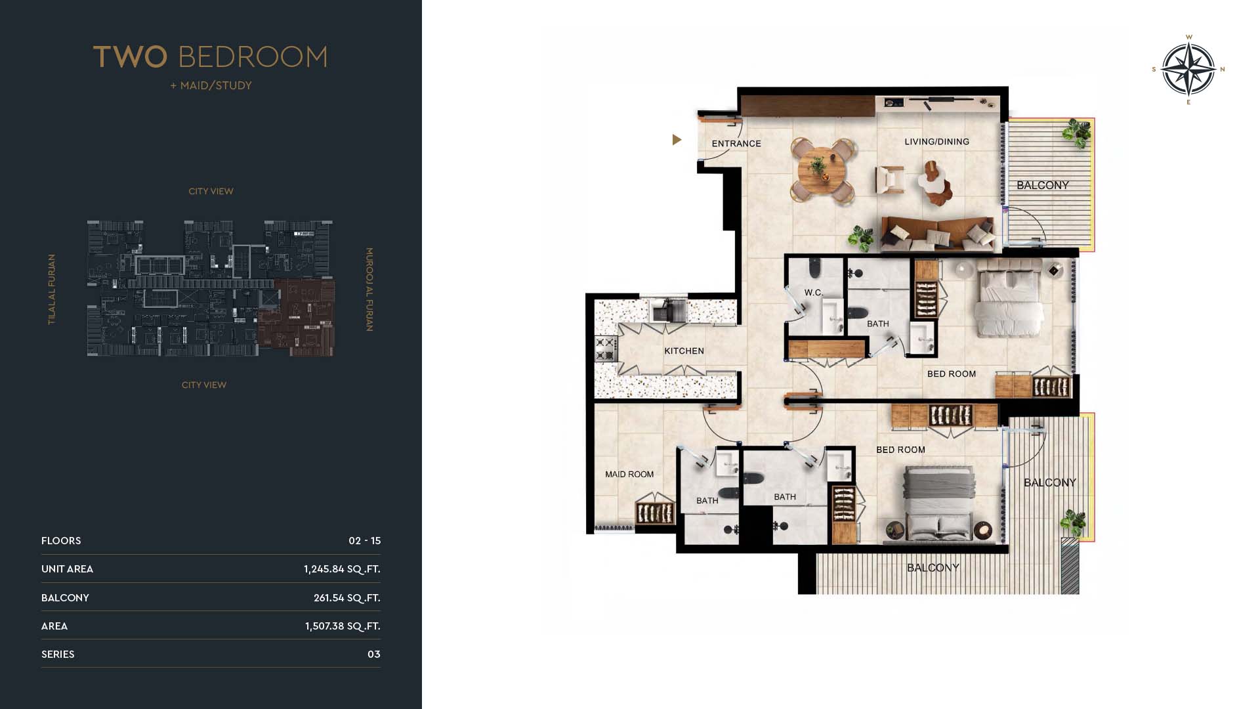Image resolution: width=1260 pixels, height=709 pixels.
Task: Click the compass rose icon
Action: point(1188,69)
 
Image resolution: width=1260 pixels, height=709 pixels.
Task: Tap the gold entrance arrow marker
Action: point(677,140)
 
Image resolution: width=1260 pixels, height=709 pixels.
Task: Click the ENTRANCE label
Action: point(736,144)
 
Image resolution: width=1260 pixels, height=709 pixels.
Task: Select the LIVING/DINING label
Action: point(936,142)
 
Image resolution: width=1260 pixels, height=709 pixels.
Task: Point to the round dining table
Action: point(822,170)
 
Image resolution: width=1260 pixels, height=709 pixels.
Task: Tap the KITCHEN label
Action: point(684,351)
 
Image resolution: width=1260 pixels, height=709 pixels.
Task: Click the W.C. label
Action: point(814,293)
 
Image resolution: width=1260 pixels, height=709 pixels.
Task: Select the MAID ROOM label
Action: point(629,475)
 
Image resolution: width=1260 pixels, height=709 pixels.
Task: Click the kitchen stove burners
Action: point(606,349)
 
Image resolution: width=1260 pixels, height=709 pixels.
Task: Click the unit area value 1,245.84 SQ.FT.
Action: point(342,569)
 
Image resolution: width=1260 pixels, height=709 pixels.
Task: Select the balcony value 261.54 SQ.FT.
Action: point(346,598)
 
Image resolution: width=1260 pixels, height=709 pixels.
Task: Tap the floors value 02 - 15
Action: point(364,541)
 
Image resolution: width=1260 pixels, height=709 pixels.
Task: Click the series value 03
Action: point(374,655)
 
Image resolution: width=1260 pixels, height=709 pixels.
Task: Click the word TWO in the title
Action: point(130,57)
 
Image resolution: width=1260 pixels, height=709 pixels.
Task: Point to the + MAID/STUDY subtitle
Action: point(211,85)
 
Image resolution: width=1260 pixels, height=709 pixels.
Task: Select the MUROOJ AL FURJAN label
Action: point(369,290)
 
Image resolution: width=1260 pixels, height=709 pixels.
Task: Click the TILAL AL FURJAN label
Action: point(51,290)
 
